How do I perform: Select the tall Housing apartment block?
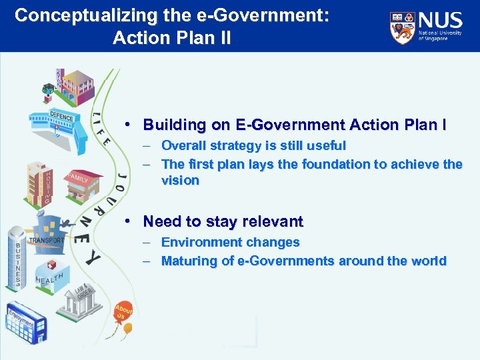pos(39,183)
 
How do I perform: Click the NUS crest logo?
pos(403,28)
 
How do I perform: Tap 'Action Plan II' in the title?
pos(172,38)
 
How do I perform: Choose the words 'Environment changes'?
pos(230,243)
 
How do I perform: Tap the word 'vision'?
pos(180,181)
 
